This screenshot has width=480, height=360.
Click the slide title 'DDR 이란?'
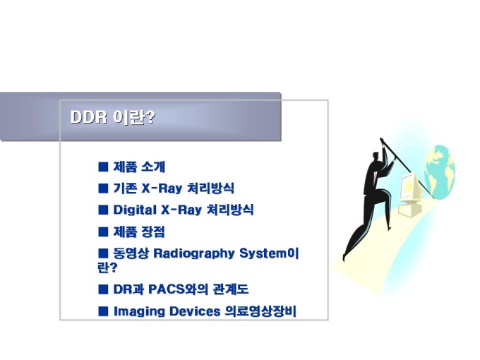113,117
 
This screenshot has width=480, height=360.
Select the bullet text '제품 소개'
139,167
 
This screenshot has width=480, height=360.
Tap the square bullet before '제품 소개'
103,167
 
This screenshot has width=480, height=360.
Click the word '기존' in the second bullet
125,188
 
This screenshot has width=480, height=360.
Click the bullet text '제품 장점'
139,232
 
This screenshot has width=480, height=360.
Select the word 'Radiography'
194,254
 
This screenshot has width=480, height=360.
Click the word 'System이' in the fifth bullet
269,253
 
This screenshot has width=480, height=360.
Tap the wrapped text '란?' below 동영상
107,268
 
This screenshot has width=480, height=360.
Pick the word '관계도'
231,289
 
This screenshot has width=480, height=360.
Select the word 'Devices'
195,311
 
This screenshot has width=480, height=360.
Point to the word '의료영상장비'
260,311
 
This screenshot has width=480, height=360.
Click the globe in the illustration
440,172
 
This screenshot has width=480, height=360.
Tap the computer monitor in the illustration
410,187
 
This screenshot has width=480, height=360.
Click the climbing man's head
376,157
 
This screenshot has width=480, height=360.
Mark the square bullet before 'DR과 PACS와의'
103,289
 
